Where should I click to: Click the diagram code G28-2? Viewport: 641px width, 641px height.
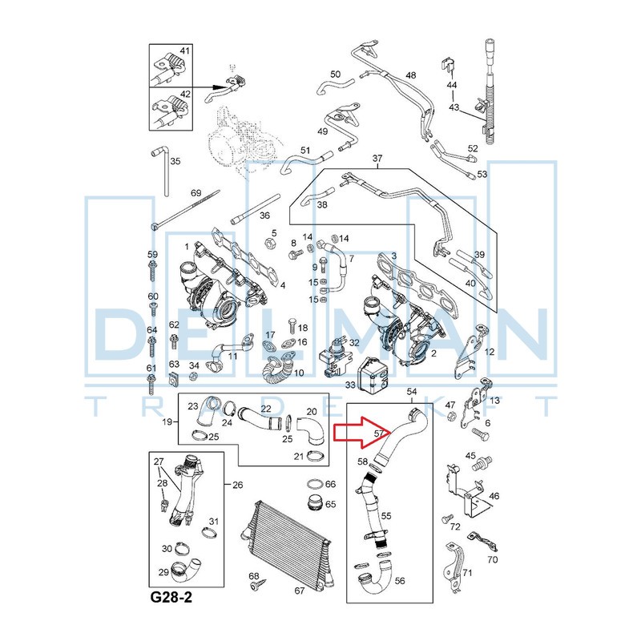(171, 598)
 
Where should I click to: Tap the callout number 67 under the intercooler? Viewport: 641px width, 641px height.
(300, 591)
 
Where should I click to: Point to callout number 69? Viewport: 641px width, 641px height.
(195, 194)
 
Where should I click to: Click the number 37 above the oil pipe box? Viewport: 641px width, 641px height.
(377, 159)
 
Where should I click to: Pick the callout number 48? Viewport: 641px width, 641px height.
(411, 75)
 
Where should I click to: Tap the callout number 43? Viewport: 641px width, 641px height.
(454, 107)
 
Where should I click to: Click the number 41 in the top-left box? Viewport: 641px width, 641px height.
(185, 51)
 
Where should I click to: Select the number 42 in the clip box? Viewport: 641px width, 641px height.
(185, 94)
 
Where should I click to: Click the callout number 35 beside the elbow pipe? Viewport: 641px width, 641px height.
(175, 161)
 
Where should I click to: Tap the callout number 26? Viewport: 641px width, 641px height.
(237, 485)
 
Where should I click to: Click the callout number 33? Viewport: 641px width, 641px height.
(349, 385)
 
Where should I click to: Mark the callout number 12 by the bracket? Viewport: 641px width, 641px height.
(490, 352)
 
